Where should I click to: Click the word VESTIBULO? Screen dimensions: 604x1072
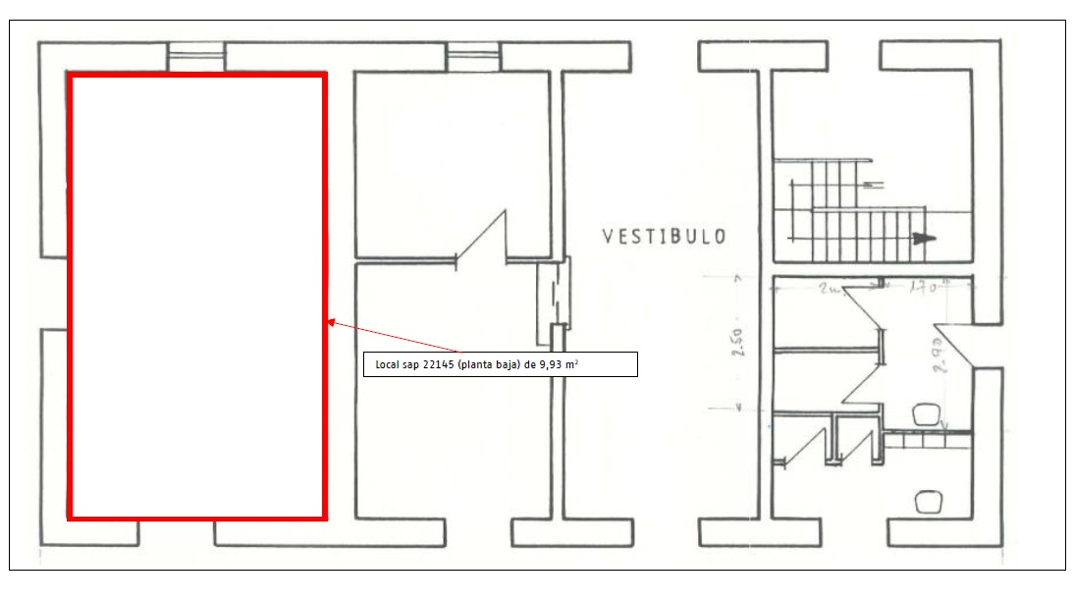[664, 237]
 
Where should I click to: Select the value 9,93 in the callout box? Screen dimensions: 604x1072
[556, 365]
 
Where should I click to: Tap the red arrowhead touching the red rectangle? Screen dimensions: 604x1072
[332, 321]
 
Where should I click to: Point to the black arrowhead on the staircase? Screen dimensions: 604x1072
[922, 238]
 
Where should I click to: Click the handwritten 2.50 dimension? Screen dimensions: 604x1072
[738, 350]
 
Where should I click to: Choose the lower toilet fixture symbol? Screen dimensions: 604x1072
[926, 502]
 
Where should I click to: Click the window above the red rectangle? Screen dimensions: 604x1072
[196, 57]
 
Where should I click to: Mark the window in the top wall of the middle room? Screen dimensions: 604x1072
[475, 57]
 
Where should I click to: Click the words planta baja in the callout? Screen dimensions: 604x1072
[493, 365]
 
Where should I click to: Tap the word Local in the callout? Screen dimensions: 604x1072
[388, 365]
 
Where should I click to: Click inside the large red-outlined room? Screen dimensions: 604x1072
[196, 295]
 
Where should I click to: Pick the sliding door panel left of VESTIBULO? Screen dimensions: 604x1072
[554, 295]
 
